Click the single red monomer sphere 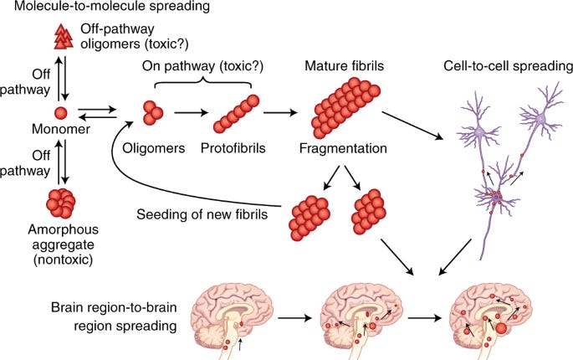pos(60,113)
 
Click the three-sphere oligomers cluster pos(153,113)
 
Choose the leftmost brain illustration pos(216,318)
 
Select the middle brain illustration pos(351,318)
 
